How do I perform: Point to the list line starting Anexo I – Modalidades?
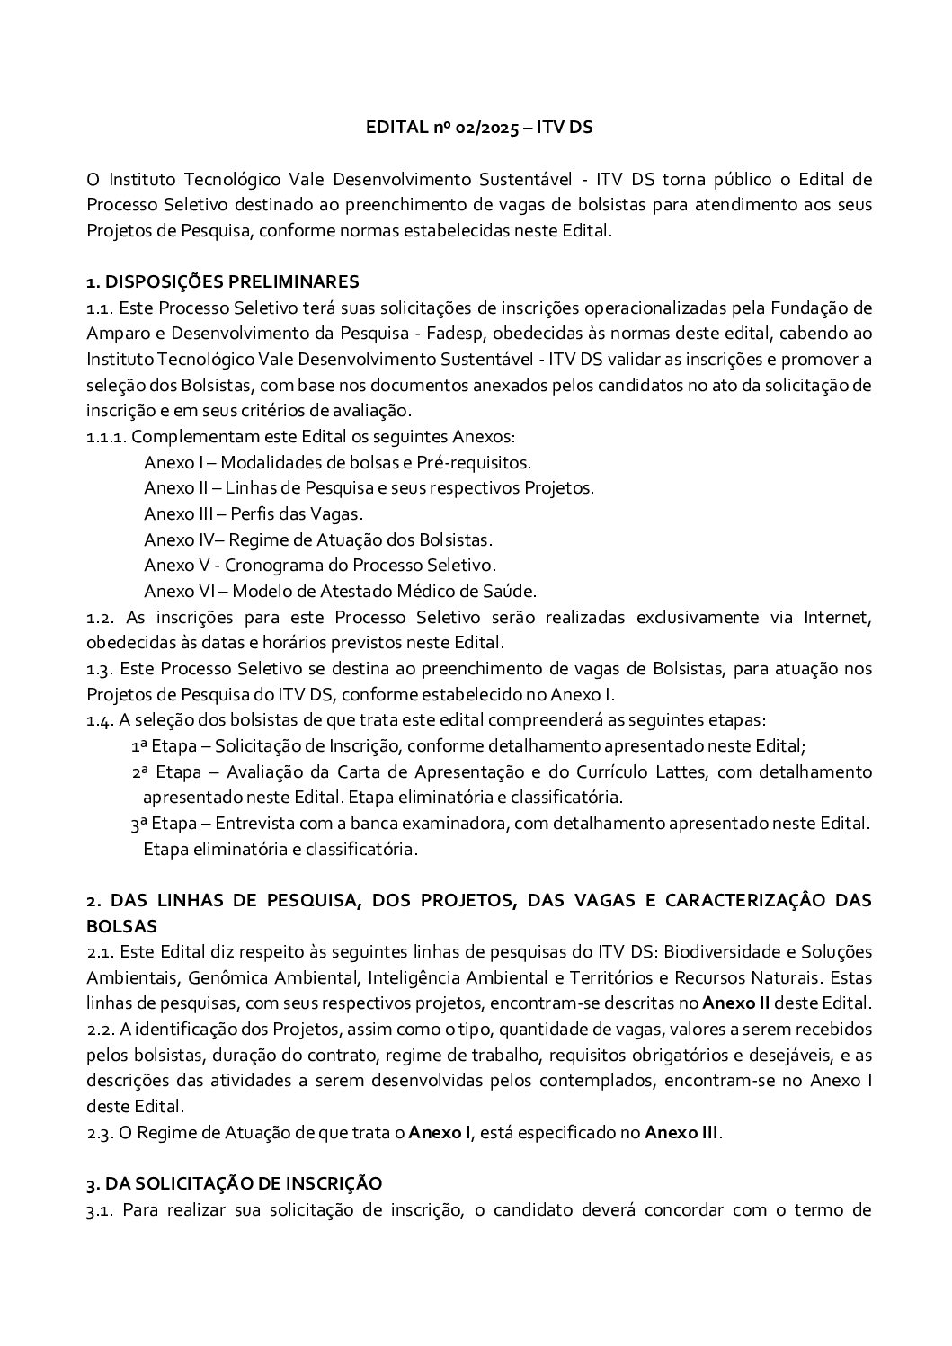tap(337, 463)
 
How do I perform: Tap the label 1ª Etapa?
tap(156, 746)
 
